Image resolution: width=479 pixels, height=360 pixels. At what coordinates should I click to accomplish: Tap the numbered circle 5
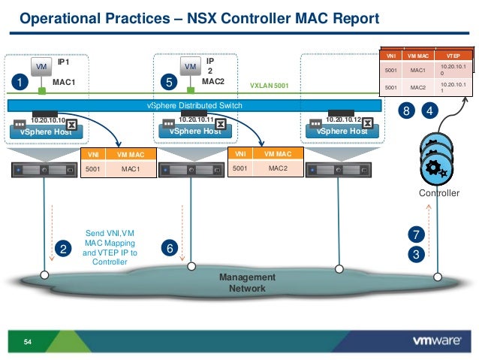[171, 79]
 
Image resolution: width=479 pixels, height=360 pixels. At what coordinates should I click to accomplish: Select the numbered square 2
[64, 247]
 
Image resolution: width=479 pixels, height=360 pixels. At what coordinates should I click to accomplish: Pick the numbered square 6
[171, 247]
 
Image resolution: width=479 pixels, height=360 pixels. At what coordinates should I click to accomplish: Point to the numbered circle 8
[407, 111]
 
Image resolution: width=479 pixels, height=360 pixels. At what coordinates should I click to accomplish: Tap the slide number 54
[29, 343]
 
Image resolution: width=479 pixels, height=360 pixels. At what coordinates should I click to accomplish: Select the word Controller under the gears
[438, 193]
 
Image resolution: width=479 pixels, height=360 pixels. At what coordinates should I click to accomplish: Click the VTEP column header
[453, 56]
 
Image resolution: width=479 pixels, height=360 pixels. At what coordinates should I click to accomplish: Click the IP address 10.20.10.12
[344, 119]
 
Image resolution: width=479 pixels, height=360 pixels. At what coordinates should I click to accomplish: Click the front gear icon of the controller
[437, 169]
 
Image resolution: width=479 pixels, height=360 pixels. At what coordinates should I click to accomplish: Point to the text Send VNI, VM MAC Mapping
[110, 239]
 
